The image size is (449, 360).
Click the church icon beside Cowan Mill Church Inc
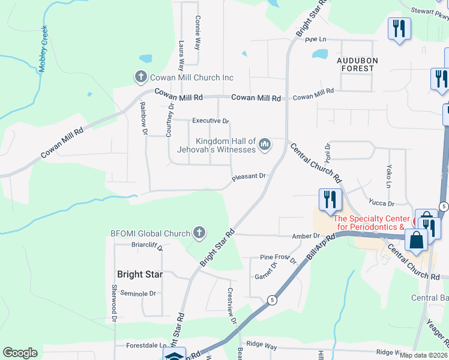pos(140,77)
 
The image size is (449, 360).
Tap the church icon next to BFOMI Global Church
pos(199,232)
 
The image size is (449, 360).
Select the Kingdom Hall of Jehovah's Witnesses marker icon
pos(265,145)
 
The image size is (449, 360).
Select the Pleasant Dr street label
pos(249,176)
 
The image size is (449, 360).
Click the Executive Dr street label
pos(210,121)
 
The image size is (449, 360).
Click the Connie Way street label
pos(197,32)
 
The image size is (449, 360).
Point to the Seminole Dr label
pos(138,293)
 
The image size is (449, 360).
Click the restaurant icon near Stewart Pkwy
pos(399,28)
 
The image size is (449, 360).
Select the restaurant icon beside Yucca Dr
pos(330,200)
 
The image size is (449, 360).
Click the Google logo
pos(20,353)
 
